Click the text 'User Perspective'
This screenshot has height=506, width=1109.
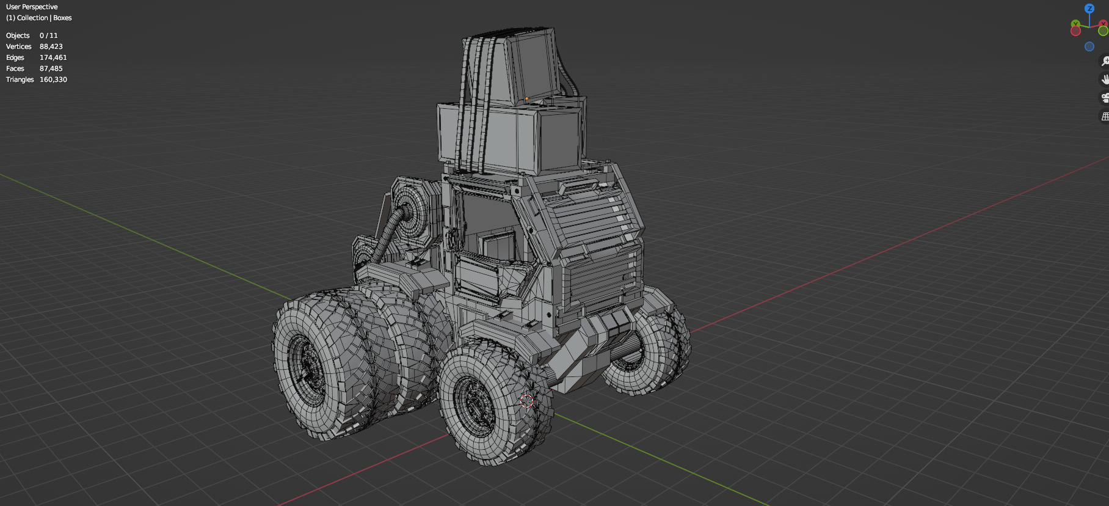click(32, 7)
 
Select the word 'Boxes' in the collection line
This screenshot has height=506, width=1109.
click(62, 18)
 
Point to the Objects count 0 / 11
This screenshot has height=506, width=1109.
click(49, 35)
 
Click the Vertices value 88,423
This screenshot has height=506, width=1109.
click(51, 46)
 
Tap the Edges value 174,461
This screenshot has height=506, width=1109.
click(53, 57)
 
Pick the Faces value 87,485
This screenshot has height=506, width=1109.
click(51, 68)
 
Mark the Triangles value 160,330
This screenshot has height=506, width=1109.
click(53, 79)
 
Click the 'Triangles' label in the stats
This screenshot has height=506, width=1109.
click(20, 79)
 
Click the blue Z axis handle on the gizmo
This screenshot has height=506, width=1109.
click(1089, 9)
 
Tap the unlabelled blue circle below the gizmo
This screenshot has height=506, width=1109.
click(1089, 46)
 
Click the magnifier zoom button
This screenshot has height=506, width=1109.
click(1105, 61)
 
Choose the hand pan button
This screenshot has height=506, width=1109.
click(1105, 79)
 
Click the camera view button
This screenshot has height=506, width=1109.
click(1105, 97)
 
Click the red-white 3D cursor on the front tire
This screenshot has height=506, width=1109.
click(526, 401)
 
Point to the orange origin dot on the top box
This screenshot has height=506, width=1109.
click(526, 99)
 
